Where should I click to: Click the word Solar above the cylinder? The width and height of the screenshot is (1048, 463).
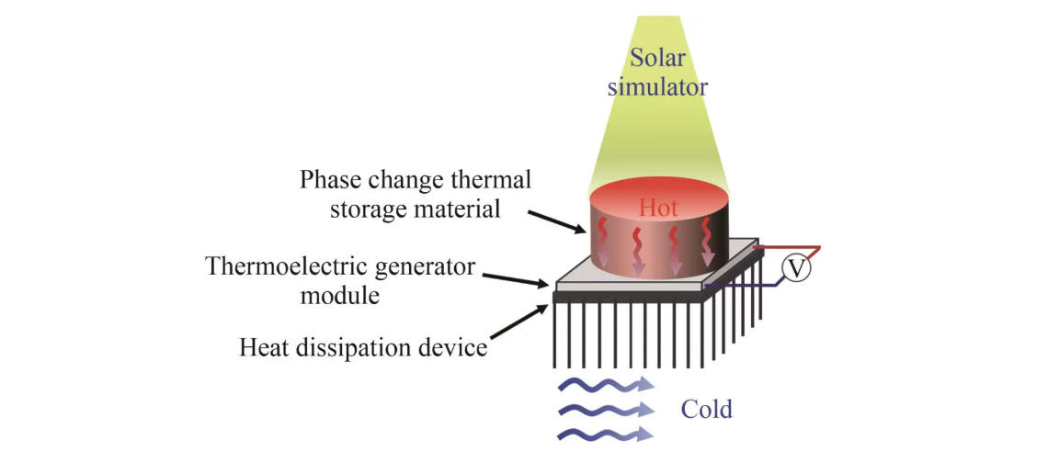click(658, 58)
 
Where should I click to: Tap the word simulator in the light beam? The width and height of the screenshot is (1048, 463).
click(658, 88)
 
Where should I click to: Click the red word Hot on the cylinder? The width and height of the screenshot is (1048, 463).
click(658, 209)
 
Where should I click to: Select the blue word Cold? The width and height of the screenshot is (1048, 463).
click(706, 409)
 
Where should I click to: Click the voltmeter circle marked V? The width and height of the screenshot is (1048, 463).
click(796, 268)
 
